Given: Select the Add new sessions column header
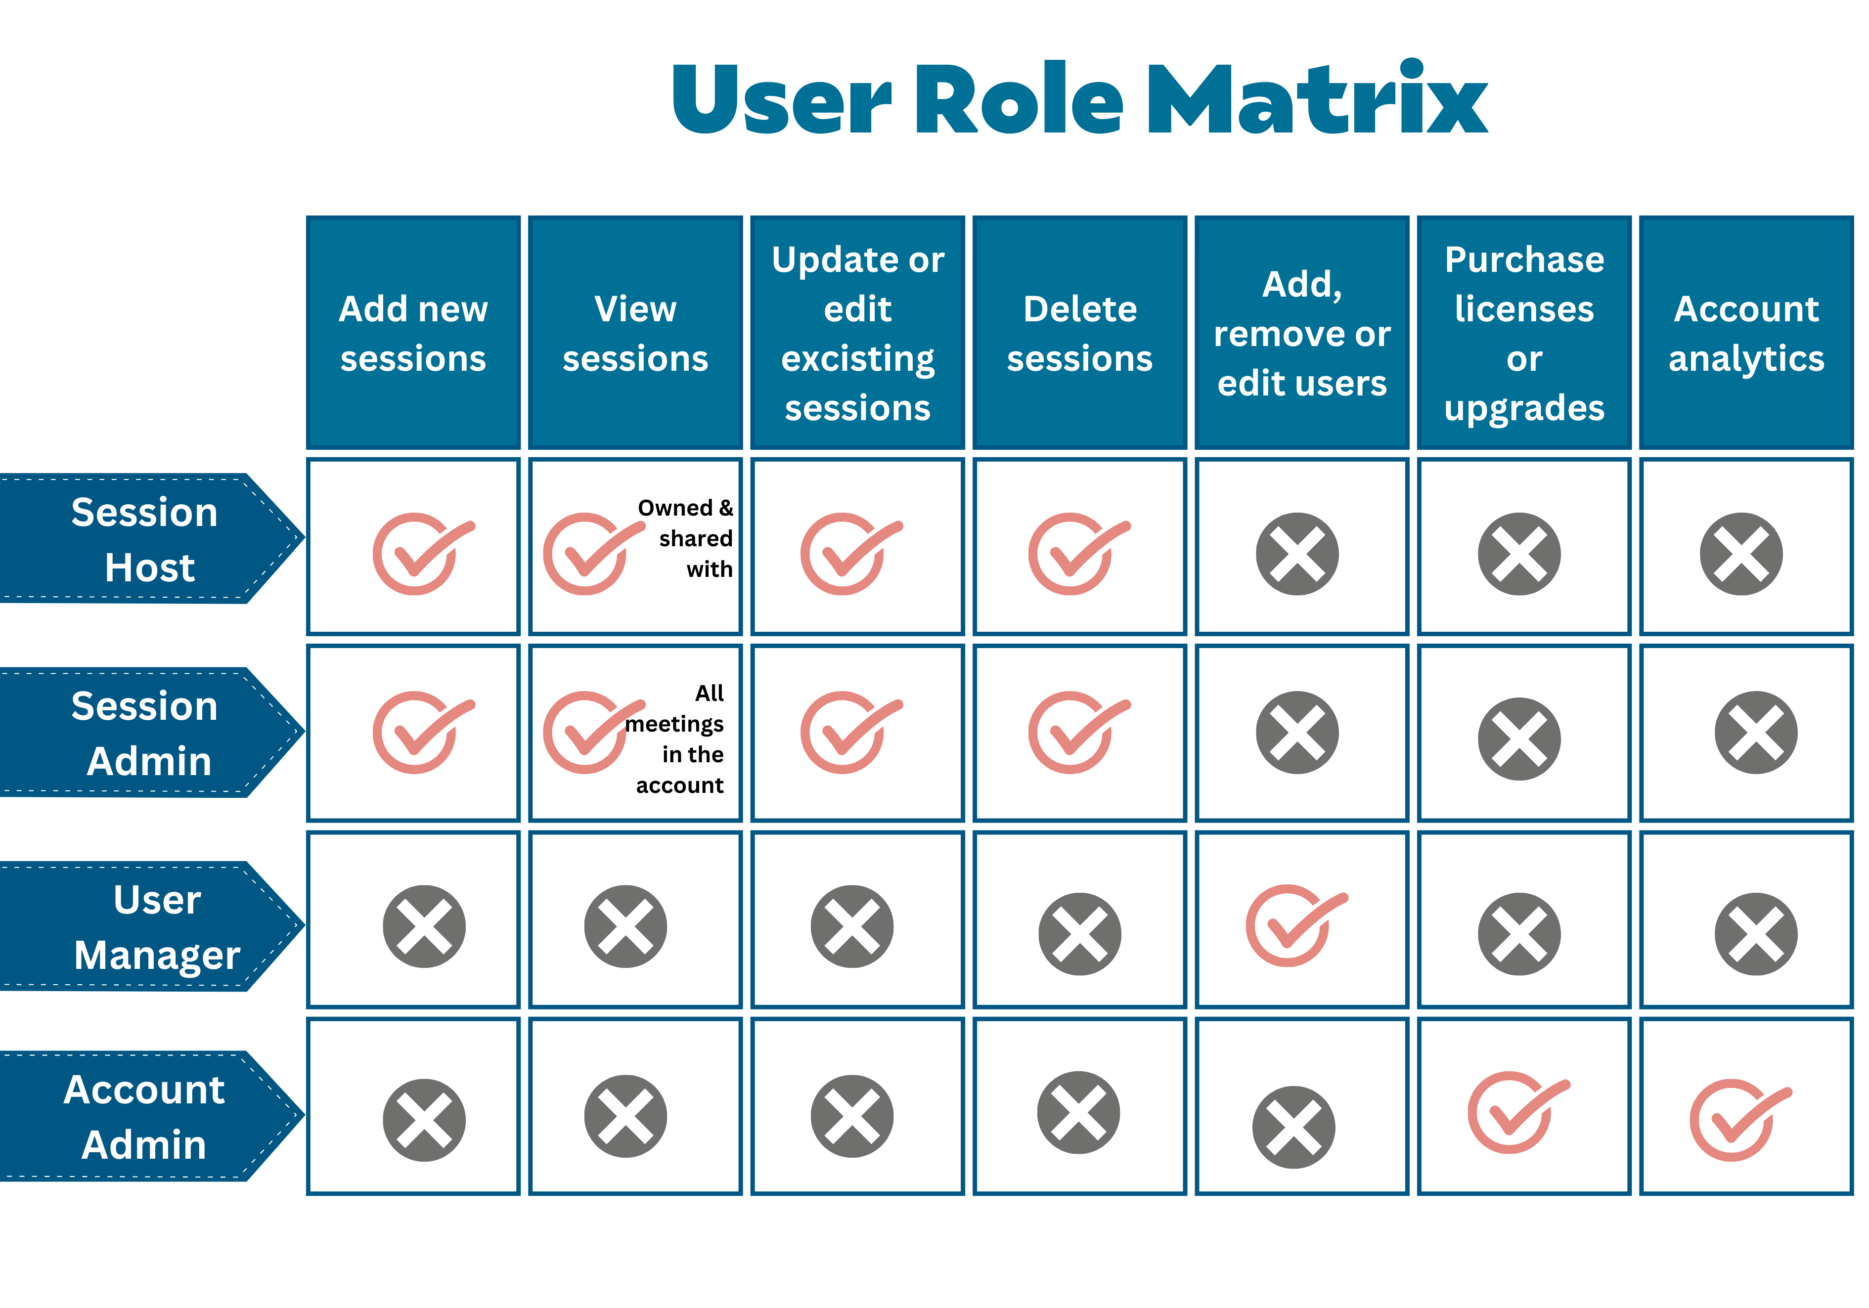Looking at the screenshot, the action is coord(413,333).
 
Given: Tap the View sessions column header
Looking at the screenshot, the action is coord(636,333).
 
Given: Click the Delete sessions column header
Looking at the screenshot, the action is coord(1080,333).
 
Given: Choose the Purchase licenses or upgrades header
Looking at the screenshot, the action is coord(1525,333).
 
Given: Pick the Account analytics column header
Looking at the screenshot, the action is coord(1747,333).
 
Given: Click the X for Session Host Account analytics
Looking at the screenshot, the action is coord(1741,554).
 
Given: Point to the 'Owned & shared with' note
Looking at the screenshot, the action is coord(685,538).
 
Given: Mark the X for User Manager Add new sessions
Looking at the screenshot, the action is coord(424,926).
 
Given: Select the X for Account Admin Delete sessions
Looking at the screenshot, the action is coord(1078,1112).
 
